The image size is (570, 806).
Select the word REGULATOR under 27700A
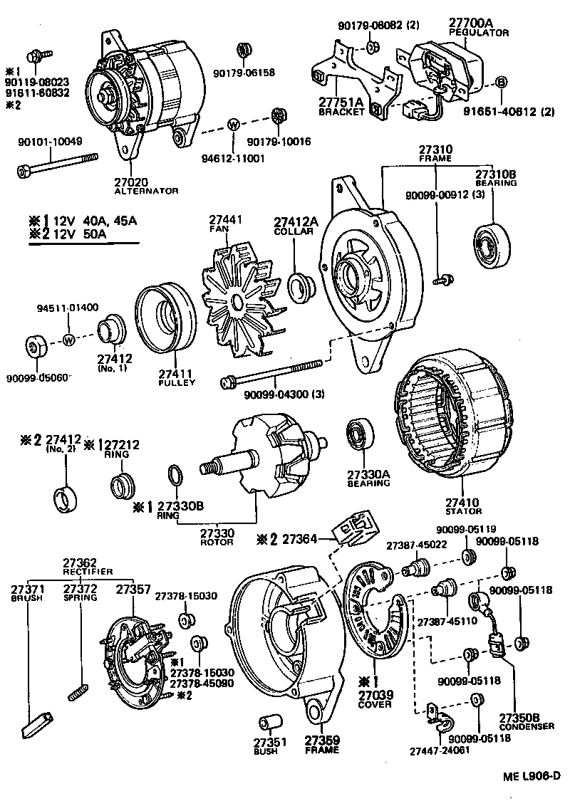[x=478, y=33]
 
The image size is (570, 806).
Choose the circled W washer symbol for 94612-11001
[x=232, y=125]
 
